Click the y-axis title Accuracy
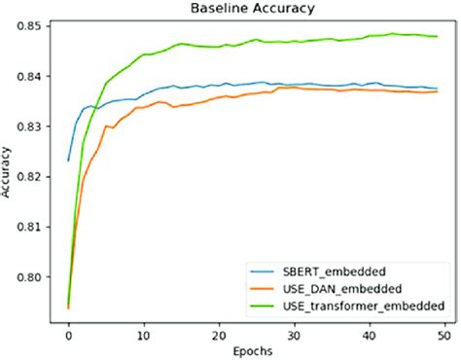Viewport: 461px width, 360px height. pyautogui.click(x=9, y=170)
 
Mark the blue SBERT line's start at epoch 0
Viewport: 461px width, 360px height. pyautogui.click(x=68, y=160)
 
